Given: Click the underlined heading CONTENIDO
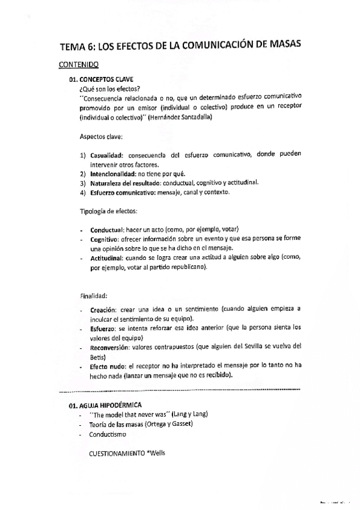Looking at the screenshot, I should (79, 64).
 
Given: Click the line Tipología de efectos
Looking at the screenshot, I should (108, 211).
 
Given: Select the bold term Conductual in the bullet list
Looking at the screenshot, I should (107, 230).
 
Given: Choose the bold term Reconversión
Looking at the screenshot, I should (111, 347).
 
